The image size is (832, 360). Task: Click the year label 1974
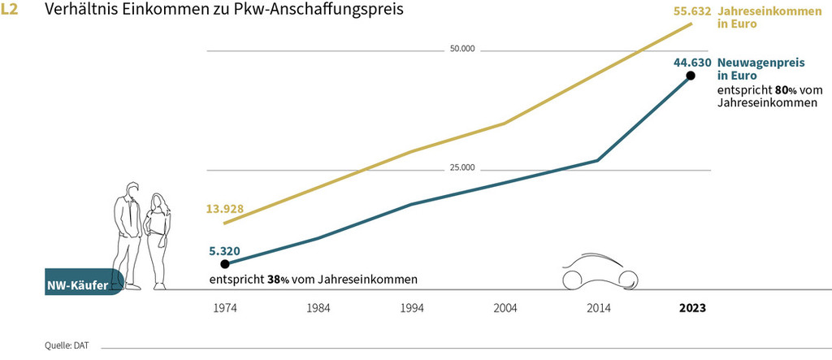click(x=225, y=310)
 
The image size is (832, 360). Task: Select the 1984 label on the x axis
click(x=318, y=310)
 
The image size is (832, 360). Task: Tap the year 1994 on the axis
click(x=413, y=310)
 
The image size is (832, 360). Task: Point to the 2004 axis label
click(x=506, y=310)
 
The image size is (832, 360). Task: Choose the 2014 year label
click(x=600, y=310)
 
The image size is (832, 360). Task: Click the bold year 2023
click(x=692, y=310)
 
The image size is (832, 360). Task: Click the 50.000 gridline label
click(x=461, y=50)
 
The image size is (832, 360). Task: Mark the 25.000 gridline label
click(x=461, y=168)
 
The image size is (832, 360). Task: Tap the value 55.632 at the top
click(x=692, y=11)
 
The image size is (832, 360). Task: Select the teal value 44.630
click(x=692, y=62)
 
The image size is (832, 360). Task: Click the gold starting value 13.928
click(x=225, y=209)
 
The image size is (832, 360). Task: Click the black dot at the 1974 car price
click(x=225, y=263)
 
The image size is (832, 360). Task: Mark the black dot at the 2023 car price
click(x=691, y=76)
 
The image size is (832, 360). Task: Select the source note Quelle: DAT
click(x=67, y=346)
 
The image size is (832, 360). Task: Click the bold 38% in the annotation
click(x=279, y=280)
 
